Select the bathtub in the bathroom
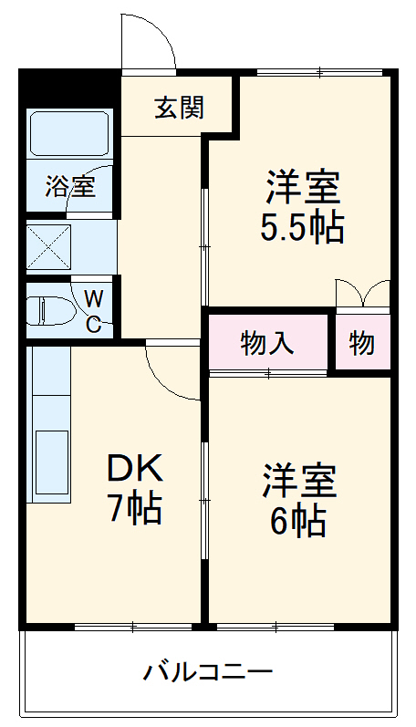[x=70, y=134]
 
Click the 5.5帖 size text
[x=302, y=227]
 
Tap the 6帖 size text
[x=297, y=520]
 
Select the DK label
[x=135, y=469]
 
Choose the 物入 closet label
[x=267, y=343]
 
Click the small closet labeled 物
[x=361, y=343]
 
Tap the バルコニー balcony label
[x=208, y=674]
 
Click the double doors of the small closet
[x=362, y=294]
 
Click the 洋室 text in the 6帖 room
[x=300, y=481]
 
